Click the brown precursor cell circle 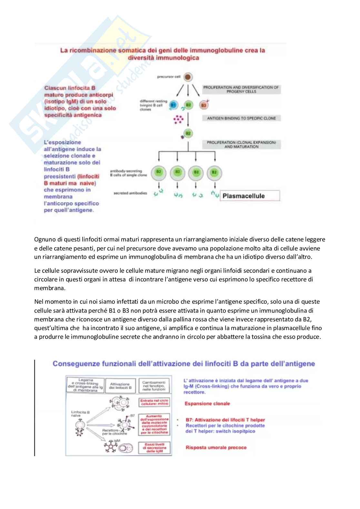pos(188,77)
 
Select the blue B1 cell pos(173,105)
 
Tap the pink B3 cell pos(204,105)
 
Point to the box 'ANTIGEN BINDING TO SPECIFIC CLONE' pos(241,118)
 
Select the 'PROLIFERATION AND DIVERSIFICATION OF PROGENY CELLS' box pos(241,89)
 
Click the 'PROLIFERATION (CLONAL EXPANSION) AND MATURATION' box pos(241,144)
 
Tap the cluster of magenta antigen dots pos(178,119)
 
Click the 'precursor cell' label pos(169,77)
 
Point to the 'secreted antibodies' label pos(130,193)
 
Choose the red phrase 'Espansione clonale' pos(207,404)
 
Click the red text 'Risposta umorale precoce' pos(216,447)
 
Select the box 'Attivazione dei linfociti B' pos(120,386)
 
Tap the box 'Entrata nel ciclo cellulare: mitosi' pos(155,402)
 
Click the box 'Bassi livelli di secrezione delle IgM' pos(155,448)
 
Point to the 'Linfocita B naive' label pos(80,414)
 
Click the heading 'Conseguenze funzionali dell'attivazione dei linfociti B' pos(184,364)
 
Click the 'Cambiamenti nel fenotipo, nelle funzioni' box pos(154,386)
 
